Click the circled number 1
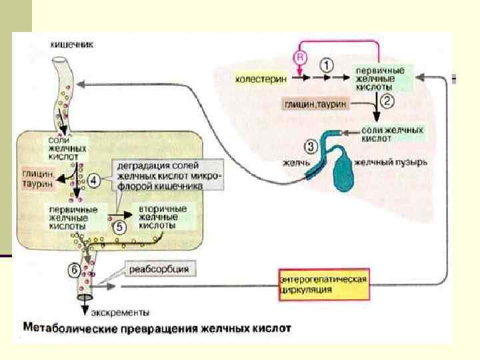click(x=325, y=65)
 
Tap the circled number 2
click(x=388, y=103)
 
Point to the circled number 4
click(x=94, y=179)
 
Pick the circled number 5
click(x=119, y=226)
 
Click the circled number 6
click(x=75, y=270)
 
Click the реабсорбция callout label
click(x=158, y=269)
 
